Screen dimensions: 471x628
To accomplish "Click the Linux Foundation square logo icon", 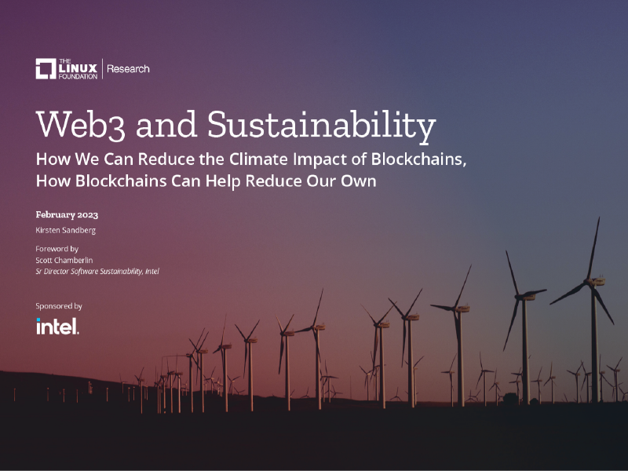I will tap(46, 69).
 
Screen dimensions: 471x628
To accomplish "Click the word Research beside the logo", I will tap(128, 69).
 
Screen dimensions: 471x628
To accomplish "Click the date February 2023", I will tap(67, 214).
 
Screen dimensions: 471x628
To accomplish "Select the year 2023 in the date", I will tap(86, 214).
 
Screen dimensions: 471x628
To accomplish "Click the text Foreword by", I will tap(57, 249).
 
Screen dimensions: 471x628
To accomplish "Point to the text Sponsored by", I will tap(59, 306).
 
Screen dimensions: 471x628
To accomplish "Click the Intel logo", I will tap(57, 326).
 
